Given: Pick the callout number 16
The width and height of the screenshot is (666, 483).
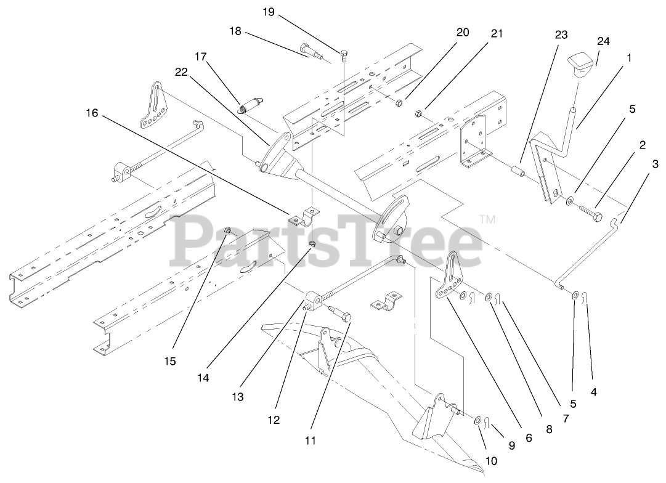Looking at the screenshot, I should point(91,113).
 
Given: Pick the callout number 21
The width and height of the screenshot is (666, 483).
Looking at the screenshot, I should point(496,33).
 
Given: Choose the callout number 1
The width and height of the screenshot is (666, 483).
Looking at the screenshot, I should point(629,57).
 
